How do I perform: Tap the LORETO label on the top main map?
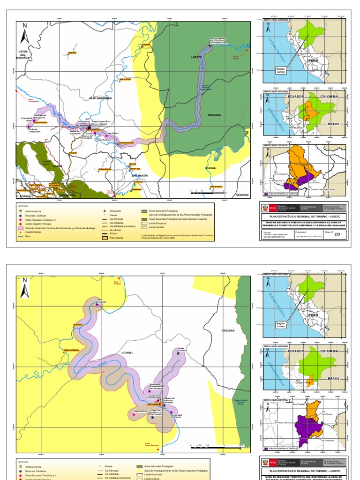tap(196, 57)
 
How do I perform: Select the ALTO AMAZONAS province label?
tap(101, 98)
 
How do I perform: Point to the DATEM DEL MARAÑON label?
tap(24, 54)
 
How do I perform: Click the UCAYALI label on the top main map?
tap(210, 167)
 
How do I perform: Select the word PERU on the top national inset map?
tap(313, 61)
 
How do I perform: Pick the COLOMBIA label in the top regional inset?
tap(329, 96)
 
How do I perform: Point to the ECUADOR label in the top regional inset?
tap(296, 96)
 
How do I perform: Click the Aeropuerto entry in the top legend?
tap(114, 211)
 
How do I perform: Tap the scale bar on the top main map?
tap(208, 192)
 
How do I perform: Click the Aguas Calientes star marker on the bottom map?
tap(178, 353)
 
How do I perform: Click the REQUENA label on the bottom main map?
tap(228, 330)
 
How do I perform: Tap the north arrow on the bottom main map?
tap(25, 287)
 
